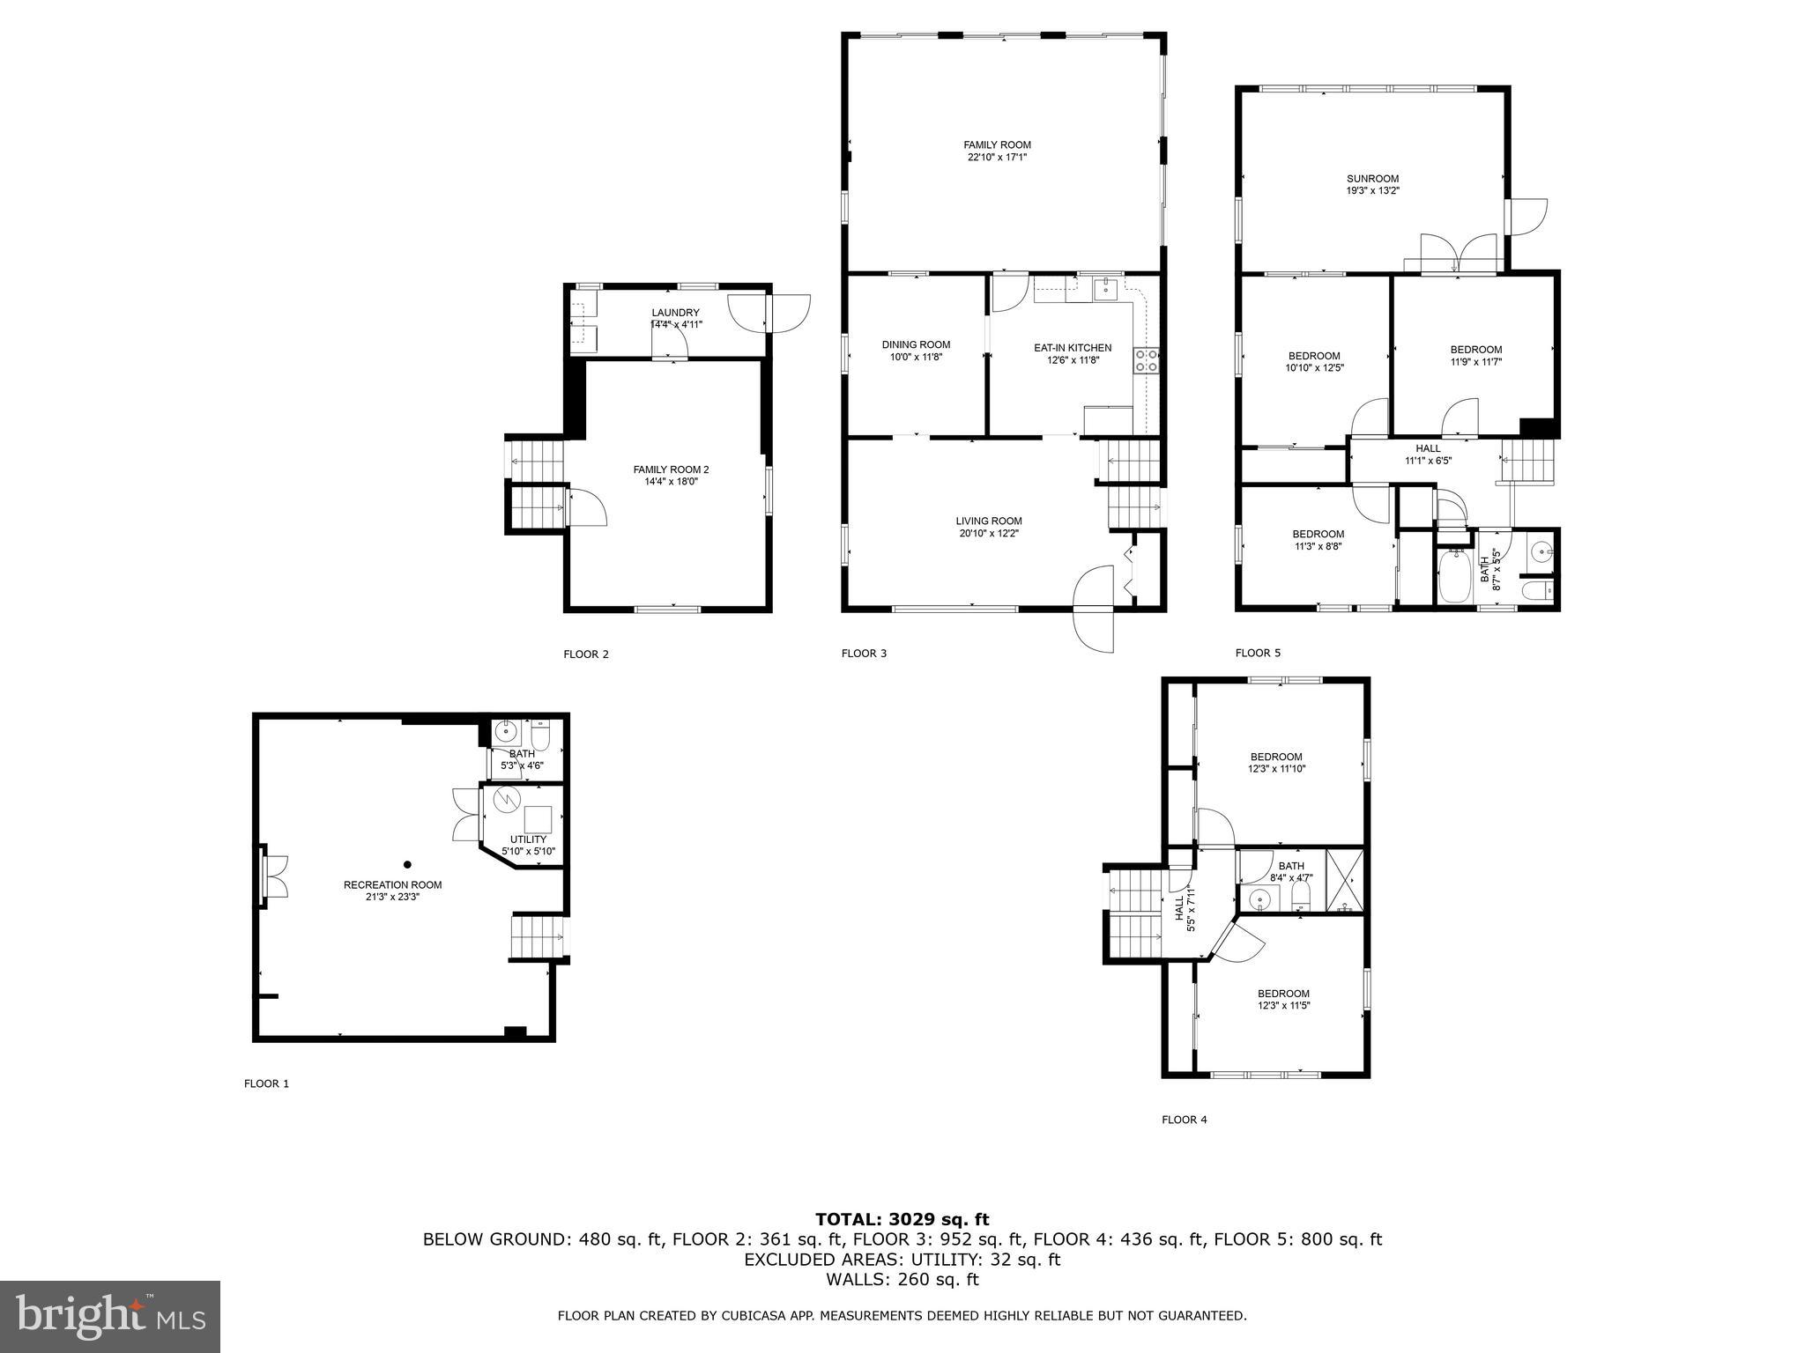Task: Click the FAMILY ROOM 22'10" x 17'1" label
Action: pos(997,151)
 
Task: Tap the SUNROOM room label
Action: pos(1372,184)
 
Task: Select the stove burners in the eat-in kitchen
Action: pos(1146,359)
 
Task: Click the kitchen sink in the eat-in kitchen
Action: pos(1105,288)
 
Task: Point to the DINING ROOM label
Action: pos(916,351)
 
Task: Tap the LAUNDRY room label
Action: pos(675,318)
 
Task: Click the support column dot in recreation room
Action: pos(407,864)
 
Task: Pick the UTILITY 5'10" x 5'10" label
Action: pos(528,845)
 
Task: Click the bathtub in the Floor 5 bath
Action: pos(1455,577)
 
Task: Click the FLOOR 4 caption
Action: pos(1184,1120)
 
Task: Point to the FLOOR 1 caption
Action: pos(266,1083)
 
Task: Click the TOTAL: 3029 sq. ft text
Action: pos(902,1219)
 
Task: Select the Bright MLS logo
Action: pos(110,1317)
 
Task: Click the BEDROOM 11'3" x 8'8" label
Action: pos(1318,539)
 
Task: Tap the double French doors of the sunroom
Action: pos(1459,255)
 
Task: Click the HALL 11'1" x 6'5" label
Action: pos(1428,454)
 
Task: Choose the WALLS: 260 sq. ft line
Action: pos(902,1279)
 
